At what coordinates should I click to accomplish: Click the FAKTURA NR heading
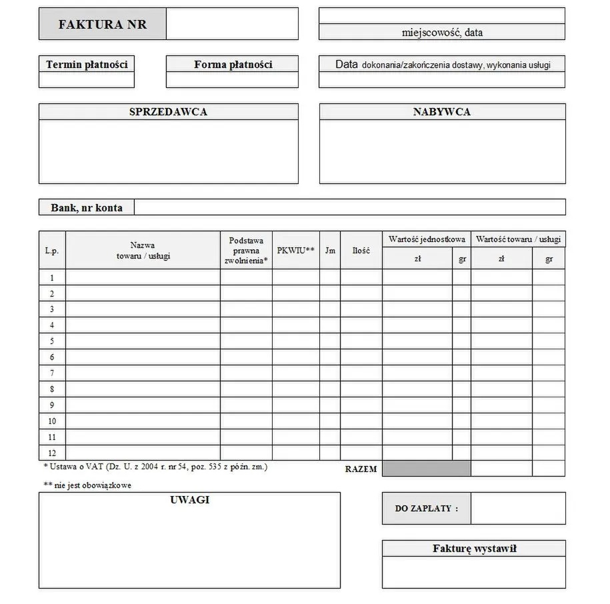(x=102, y=25)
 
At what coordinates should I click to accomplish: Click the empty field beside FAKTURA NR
(x=231, y=24)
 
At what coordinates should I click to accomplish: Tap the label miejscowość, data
(x=442, y=32)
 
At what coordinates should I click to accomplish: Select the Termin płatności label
(x=87, y=65)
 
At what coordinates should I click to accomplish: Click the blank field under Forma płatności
(x=231, y=80)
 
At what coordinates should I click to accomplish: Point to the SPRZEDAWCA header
(x=168, y=112)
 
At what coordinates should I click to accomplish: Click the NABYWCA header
(x=441, y=112)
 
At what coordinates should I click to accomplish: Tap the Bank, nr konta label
(x=87, y=207)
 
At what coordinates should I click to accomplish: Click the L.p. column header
(x=52, y=251)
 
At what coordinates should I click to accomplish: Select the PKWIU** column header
(x=295, y=251)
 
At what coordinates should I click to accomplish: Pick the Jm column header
(x=329, y=251)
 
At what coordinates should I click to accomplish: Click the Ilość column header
(x=361, y=251)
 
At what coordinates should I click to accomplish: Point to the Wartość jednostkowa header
(x=426, y=239)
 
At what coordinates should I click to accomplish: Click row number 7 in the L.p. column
(x=52, y=373)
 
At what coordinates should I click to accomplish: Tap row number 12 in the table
(x=52, y=453)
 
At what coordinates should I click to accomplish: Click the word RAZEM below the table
(x=361, y=469)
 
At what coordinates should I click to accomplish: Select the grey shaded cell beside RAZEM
(x=426, y=469)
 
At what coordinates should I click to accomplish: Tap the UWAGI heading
(x=189, y=500)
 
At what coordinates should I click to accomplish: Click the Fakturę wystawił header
(x=474, y=549)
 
